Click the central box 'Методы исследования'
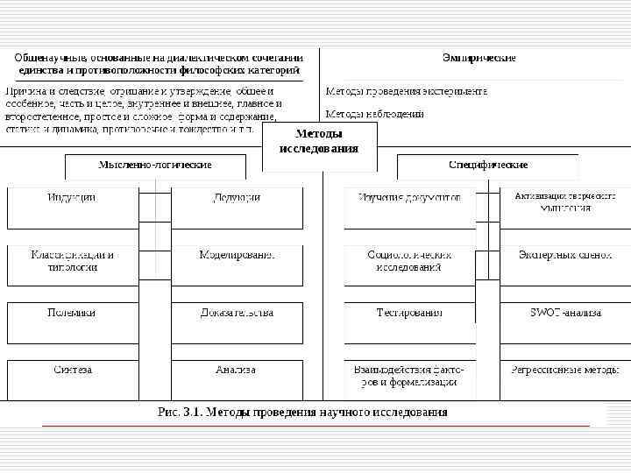click(x=319, y=141)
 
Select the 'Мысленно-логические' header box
click(x=155, y=165)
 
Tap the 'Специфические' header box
click(x=487, y=165)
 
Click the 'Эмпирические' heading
click(x=479, y=58)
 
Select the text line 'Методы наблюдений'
click(x=375, y=114)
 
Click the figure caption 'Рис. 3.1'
click(x=302, y=412)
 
